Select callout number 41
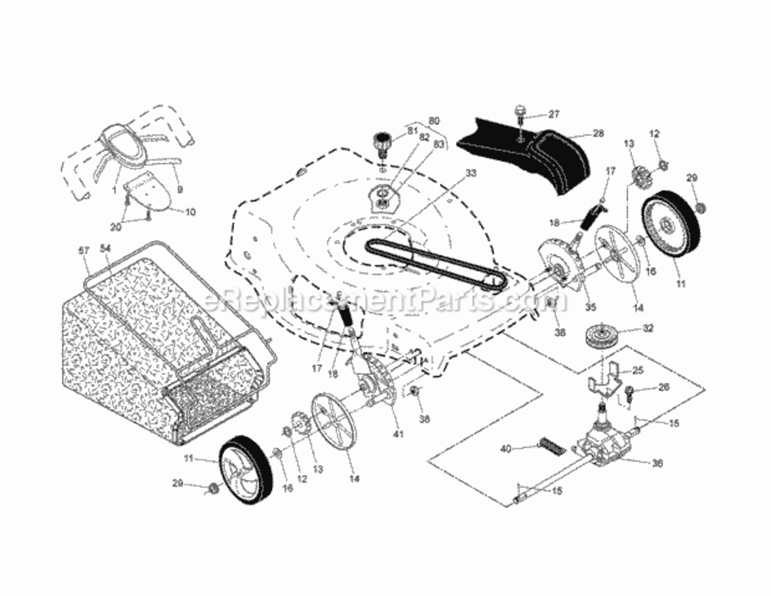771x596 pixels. click(x=397, y=434)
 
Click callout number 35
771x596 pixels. click(x=590, y=307)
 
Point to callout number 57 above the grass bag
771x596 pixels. click(x=85, y=250)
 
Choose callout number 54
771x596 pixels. click(x=106, y=250)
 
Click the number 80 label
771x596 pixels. click(x=434, y=121)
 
